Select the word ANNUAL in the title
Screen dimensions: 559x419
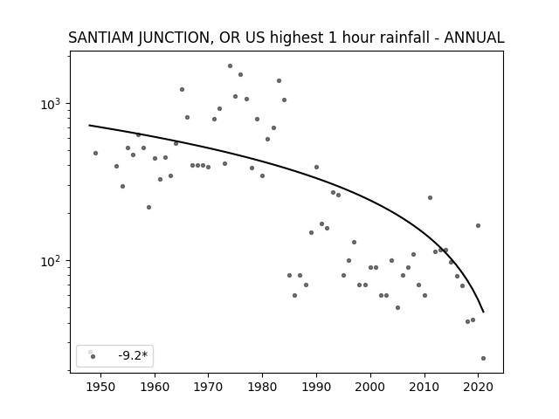click(474, 38)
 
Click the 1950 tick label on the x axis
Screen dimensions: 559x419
click(101, 387)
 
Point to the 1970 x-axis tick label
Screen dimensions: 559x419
click(209, 387)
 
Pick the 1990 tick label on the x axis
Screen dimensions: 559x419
click(316, 387)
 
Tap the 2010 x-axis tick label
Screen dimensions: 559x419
click(424, 387)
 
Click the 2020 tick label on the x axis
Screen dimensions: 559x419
click(479, 387)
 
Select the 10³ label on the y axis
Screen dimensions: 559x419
click(51, 104)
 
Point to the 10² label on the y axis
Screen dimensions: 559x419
click(51, 261)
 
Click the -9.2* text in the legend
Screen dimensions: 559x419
click(133, 355)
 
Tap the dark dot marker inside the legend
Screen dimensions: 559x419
click(93, 357)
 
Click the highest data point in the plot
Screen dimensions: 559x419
click(230, 66)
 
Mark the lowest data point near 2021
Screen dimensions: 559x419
click(483, 359)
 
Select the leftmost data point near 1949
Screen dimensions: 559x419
click(95, 154)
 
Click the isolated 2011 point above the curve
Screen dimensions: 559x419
click(430, 198)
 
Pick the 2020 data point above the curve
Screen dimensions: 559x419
click(478, 225)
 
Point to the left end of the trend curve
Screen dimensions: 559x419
click(89, 125)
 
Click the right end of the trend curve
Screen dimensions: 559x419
click(483, 313)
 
